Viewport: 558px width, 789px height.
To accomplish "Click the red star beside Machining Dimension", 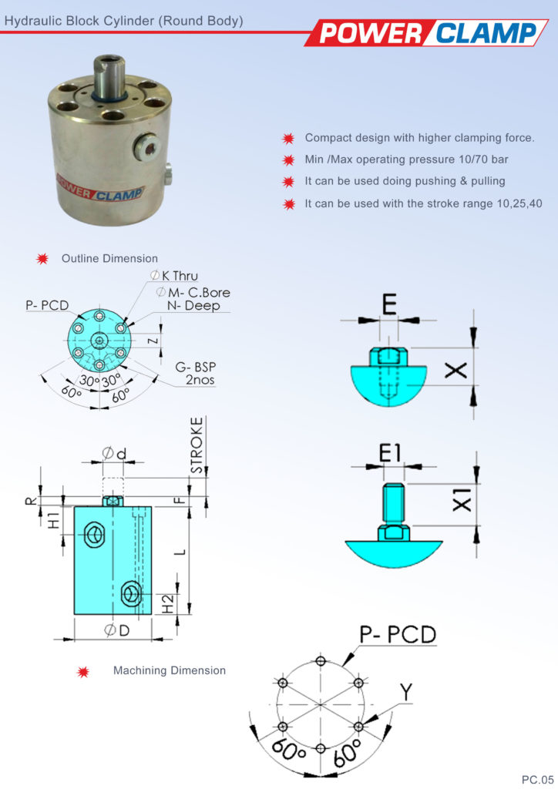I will (83, 671).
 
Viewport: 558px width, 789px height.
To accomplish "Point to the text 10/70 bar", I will (487, 160).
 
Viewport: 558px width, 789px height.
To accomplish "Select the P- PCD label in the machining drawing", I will (398, 634).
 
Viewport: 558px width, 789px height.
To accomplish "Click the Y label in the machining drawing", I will (405, 692).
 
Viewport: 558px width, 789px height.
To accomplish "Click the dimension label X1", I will (461, 502).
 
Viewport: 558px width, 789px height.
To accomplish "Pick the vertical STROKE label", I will (198, 445).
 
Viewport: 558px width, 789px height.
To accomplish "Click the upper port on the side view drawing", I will (96, 533).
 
